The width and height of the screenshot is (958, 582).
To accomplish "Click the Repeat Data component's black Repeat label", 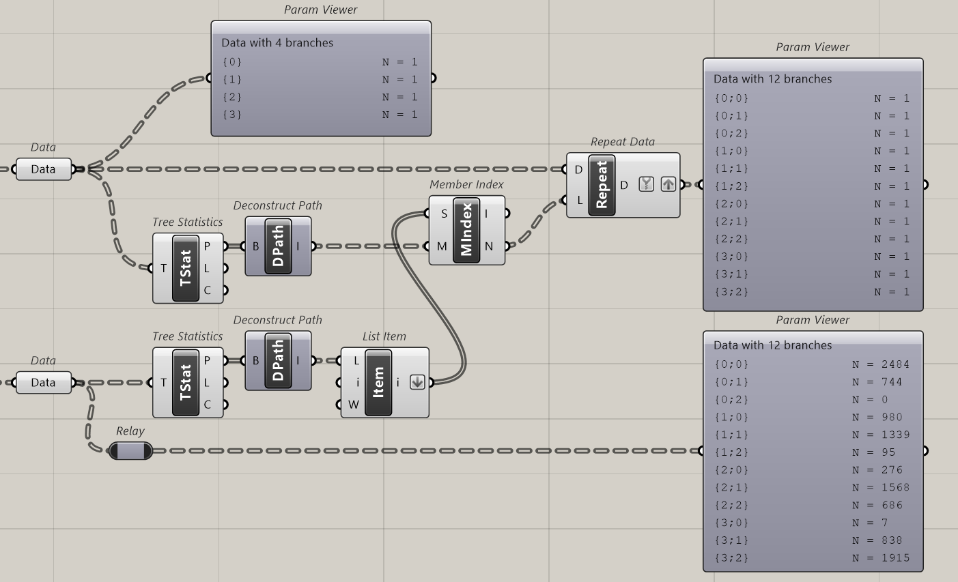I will [602, 185].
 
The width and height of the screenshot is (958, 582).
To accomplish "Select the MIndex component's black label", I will [467, 230].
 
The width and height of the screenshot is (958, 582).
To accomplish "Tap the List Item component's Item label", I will [379, 382].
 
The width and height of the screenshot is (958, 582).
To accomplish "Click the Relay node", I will [130, 450].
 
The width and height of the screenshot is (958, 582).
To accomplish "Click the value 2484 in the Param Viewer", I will [895, 364].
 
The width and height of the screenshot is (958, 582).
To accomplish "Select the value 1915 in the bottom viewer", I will [895, 557].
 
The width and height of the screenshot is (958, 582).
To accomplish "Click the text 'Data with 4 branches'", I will [277, 42].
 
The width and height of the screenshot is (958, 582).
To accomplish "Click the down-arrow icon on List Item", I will [417, 383].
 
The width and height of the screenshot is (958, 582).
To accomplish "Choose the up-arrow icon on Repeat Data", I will [668, 184].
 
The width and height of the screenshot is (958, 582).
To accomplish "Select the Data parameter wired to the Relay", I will [43, 383].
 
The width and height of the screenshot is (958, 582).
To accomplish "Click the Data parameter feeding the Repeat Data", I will [43, 169].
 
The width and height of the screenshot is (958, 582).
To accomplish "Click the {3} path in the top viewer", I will [232, 115].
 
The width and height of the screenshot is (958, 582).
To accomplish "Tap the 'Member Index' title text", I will [466, 184].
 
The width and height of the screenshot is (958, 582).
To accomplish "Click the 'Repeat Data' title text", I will [622, 142].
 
